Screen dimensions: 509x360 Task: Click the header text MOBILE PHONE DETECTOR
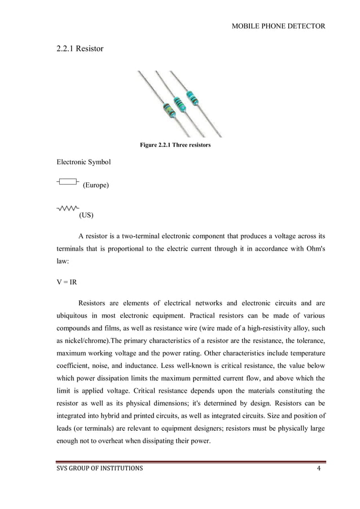click(x=278, y=26)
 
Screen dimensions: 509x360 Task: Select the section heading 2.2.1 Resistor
click(x=80, y=49)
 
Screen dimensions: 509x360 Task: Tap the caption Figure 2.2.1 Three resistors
click(x=175, y=146)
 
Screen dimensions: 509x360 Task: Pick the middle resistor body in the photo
click(x=180, y=103)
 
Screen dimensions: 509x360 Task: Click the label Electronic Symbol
click(x=84, y=163)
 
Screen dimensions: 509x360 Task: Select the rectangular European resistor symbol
click(x=68, y=182)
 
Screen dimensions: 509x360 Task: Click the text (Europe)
click(x=95, y=185)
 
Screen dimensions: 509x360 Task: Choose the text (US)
click(x=86, y=215)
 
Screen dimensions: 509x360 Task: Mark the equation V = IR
click(x=67, y=279)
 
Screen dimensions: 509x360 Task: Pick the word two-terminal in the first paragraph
click(x=145, y=235)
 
